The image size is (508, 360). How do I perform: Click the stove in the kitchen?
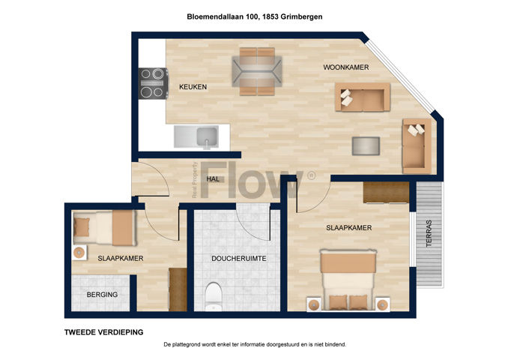tap(154, 83)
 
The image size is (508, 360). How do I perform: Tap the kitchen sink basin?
tap(207, 136)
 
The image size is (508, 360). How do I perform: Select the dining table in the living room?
tap(257, 71)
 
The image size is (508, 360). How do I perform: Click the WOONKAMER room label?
tap(346, 67)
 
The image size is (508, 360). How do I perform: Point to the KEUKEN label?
tap(193, 87)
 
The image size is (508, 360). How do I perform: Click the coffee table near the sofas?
tap(366, 146)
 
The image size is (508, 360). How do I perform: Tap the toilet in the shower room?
tap(214, 296)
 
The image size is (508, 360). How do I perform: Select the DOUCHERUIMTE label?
tap(239, 259)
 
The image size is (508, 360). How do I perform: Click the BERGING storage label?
tap(102, 295)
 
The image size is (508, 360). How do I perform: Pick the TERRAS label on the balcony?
tap(429, 233)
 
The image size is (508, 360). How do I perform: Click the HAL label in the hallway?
tap(213, 178)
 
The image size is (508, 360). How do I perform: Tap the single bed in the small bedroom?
tap(104, 228)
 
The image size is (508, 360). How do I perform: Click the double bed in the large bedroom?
tap(348, 280)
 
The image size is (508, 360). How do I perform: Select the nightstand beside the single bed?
tap(79, 253)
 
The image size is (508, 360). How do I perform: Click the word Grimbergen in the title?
tap(301, 16)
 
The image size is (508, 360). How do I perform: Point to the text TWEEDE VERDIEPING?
tap(103, 332)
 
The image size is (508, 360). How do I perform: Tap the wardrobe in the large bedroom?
tap(386, 192)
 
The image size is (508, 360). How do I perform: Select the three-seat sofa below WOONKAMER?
tap(362, 97)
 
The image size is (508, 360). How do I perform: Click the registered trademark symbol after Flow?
tap(311, 175)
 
